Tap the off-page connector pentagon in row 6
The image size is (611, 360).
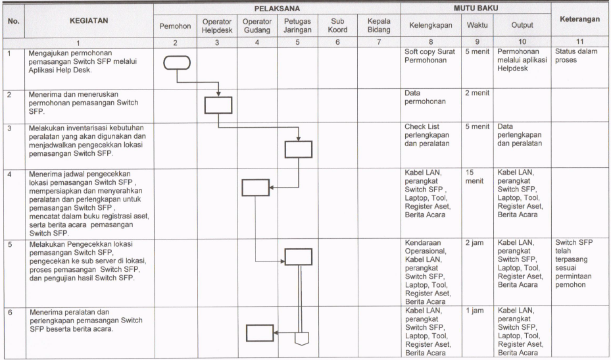coord(302,339)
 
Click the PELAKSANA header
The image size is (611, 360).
coord(277,9)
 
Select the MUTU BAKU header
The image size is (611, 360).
coord(476,8)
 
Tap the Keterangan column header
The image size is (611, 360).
coord(580,19)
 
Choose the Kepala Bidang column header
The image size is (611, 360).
coord(379,26)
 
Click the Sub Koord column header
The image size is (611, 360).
coord(337,26)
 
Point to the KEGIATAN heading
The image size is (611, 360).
coord(89,20)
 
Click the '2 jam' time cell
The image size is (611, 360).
coord(474,243)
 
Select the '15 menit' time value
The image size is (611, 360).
coord(474,176)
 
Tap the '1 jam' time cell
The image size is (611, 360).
coord(475,311)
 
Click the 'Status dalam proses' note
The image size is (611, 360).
coord(576,56)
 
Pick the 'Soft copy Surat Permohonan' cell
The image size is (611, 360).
coord(429,56)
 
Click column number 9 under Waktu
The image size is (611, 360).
coord(477,42)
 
